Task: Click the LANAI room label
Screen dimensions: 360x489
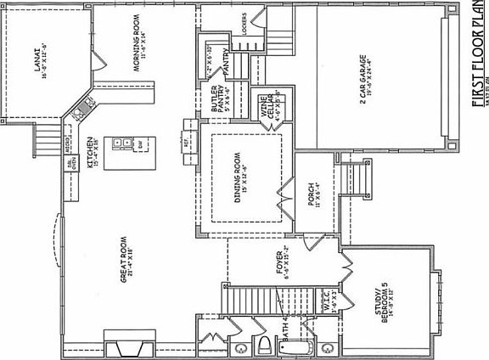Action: click(x=43, y=61)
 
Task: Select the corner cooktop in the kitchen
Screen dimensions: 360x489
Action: click(x=83, y=108)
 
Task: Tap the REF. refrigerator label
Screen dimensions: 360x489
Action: click(x=187, y=142)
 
